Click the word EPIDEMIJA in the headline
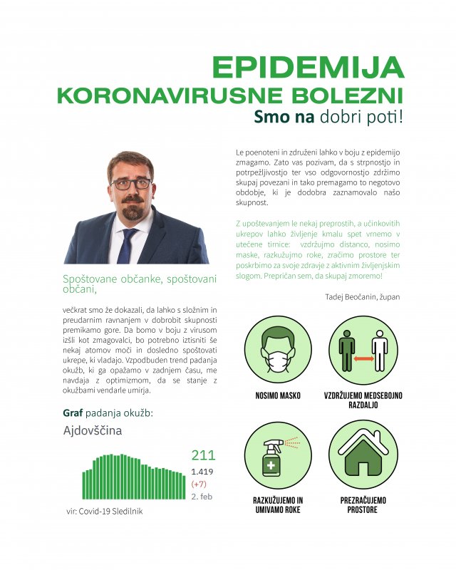[308, 67]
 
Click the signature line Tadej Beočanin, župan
[362, 296]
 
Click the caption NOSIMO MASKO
[277, 395]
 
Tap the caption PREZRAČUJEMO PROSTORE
[363, 505]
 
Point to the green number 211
[203, 455]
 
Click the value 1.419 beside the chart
[202, 472]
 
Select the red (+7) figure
[199, 484]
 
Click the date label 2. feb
[202, 496]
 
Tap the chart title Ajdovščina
[93, 430]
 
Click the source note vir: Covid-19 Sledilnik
[105, 511]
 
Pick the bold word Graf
[73, 413]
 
